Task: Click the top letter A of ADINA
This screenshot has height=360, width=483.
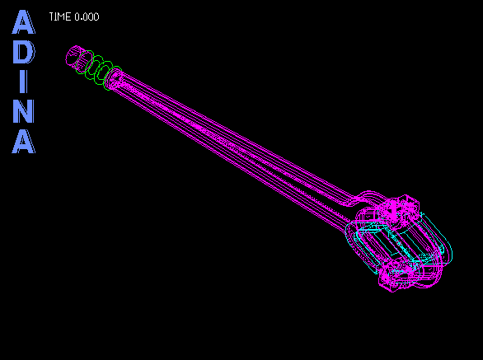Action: pyautogui.click(x=23, y=22)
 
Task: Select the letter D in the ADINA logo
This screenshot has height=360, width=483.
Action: pyautogui.click(x=24, y=52)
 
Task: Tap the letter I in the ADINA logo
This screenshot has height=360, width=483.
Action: pyautogui.click(x=24, y=82)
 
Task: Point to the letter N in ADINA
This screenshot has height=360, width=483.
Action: pyautogui.click(x=24, y=111)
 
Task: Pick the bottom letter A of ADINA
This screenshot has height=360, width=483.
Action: pyautogui.click(x=24, y=142)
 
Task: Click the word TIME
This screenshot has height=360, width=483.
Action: pyautogui.click(x=60, y=17)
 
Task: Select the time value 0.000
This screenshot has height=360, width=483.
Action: pyautogui.click(x=87, y=17)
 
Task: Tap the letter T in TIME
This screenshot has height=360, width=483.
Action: pyautogui.click(x=52, y=17)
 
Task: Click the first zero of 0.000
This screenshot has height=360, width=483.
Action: pyautogui.click(x=77, y=17)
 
